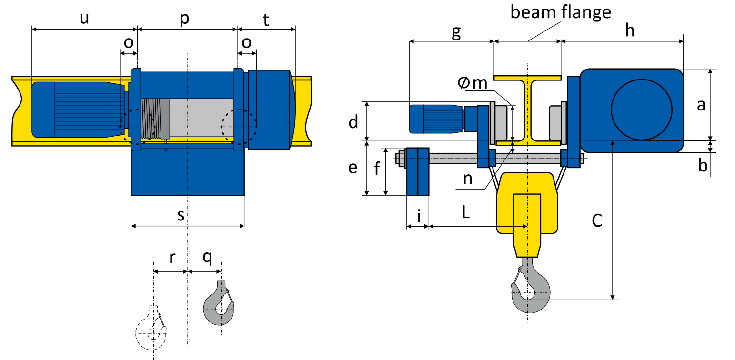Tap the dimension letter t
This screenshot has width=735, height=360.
266,20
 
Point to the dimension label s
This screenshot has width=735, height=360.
181,215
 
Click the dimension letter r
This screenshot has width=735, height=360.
172,258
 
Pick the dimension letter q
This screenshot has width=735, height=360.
207,258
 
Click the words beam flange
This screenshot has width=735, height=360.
561,12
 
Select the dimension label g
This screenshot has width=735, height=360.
456,31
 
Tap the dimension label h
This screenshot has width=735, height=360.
630,31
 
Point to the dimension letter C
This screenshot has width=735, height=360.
597,220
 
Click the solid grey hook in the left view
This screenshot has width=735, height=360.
219,305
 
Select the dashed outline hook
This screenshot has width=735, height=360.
151,329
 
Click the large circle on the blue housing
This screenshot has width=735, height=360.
641,109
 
